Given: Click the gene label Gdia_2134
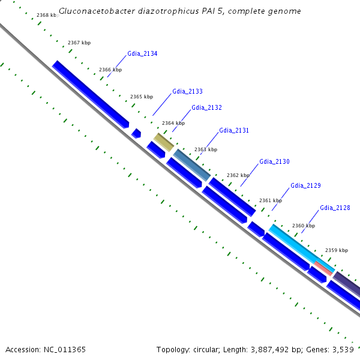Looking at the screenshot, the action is point(142,54).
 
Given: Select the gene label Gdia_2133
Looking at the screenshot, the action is point(187,91).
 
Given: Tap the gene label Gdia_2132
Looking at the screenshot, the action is point(206,107).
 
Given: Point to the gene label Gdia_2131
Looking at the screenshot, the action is point(234,130).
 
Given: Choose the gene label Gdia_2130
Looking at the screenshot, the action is point(274,162).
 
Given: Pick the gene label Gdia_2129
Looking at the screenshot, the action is point(305,186).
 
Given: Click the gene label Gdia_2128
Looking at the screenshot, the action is point(335,208).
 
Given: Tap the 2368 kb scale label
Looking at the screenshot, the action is point(47,14).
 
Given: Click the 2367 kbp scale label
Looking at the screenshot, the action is point(79,43).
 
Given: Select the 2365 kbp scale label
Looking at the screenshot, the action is point(142,97).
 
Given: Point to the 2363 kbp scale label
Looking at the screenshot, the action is point(206,149).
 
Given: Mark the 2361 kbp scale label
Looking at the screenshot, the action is point(270,200).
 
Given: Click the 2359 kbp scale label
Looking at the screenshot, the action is point(336,250).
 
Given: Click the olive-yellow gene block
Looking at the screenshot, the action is point(164,142).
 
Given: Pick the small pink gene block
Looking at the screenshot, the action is point(323,268).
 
